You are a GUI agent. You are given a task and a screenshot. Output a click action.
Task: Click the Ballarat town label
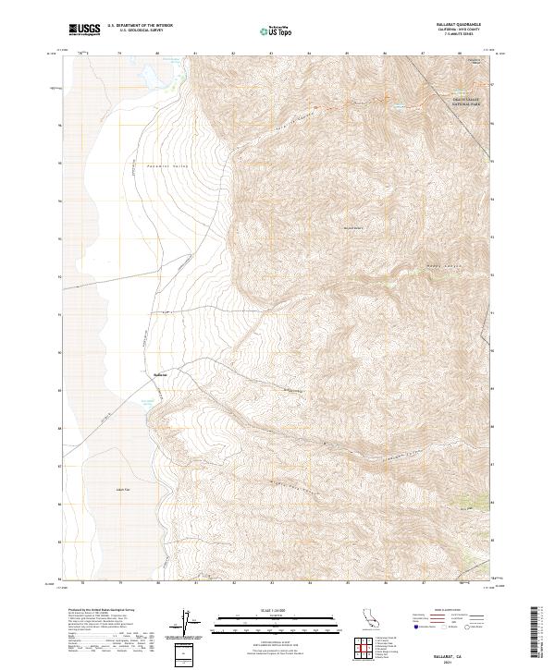pos(158,373)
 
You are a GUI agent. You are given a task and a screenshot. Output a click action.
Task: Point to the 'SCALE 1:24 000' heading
pos(277,609)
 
